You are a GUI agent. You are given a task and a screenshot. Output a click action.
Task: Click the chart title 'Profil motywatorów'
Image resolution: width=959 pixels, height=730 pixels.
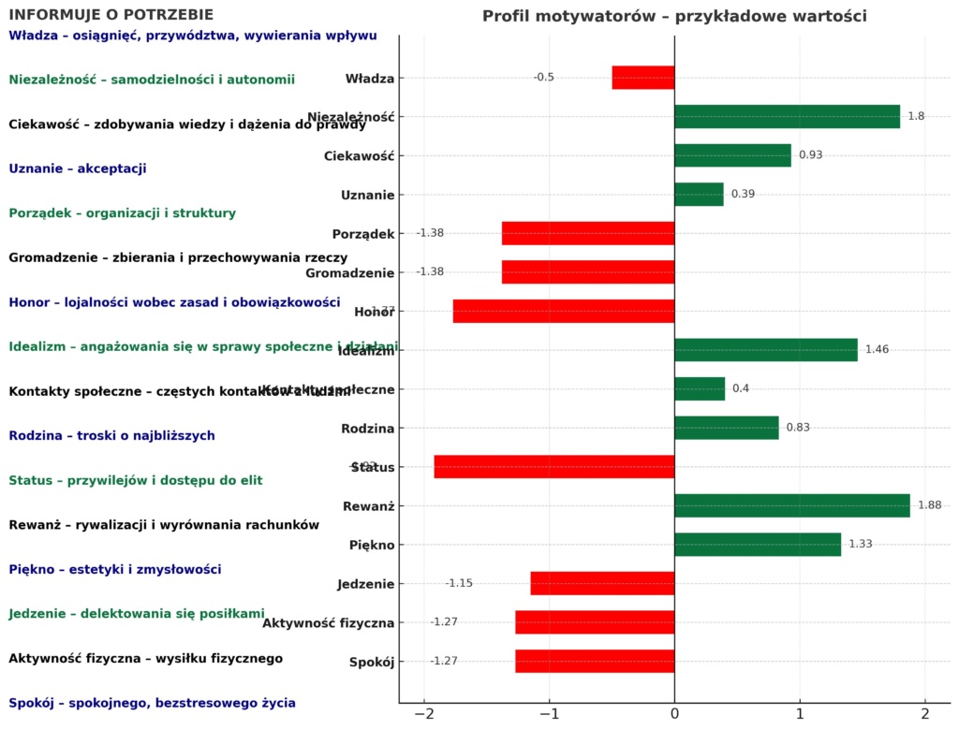pos(674,16)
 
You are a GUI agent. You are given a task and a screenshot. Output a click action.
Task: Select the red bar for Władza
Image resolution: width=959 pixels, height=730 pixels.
pos(642,78)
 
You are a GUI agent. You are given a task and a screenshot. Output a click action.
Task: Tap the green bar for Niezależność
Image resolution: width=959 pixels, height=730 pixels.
pos(787,116)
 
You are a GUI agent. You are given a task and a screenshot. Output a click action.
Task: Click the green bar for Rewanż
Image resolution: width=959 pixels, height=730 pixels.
pos(791,505)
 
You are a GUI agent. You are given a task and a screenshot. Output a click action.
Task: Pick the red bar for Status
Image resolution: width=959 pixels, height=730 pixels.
pos(554,467)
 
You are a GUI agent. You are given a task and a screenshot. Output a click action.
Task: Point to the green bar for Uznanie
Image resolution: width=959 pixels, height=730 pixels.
pos(699,195)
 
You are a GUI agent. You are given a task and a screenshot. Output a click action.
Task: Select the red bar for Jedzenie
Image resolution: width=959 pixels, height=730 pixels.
pos(602,583)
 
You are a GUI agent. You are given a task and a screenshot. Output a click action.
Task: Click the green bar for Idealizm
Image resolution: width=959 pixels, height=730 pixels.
pos(765,350)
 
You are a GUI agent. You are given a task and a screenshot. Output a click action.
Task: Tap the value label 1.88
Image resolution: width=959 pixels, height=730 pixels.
pos(929,505)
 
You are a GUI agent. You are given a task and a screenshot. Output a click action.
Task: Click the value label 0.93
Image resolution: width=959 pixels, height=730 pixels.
pos(810,155)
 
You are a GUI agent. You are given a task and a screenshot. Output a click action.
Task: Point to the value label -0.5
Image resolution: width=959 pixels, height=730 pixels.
pos(544,78)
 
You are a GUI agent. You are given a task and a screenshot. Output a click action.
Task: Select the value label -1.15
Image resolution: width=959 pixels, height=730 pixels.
pos(459,583)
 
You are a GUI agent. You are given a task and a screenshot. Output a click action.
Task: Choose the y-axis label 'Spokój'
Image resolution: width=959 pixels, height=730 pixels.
pos(371,662)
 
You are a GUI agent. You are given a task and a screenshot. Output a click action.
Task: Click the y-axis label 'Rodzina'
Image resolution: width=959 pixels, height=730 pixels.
pos(367,429)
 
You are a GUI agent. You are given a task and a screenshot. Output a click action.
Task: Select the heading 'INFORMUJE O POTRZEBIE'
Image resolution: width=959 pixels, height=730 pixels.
pos(111,15)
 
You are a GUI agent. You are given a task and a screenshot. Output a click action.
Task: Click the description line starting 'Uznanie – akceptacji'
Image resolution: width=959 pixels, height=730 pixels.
pos(78,168)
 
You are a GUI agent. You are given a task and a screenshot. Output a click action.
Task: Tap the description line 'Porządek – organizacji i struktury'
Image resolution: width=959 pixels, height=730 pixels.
pos(123,213)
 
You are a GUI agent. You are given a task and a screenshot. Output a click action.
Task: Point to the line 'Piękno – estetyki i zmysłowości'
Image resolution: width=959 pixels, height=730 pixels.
pos(115,569)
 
